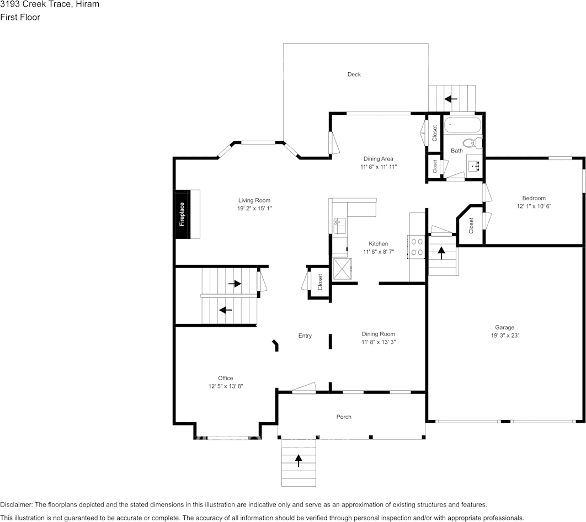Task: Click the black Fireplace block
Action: tap(182, 214)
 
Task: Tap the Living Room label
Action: tap(254, 200)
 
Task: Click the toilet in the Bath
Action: tap(470, 143)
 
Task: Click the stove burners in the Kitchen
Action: tap(416, 247)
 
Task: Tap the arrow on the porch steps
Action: tap(299, 460)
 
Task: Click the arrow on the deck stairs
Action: tap(451, 99)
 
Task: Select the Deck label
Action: tap(354, 74)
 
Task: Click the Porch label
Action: tap(344, 417)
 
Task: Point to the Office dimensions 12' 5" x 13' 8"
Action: tap(225, 386)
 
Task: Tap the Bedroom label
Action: tap(534, 198)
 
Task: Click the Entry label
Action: tap(305, 335)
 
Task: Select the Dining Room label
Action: tap(379, 334)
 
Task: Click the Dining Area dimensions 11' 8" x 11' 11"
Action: tap(379, 167)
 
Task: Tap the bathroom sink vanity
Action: tap(475, 164)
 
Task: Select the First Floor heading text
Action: tap(20, 17)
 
